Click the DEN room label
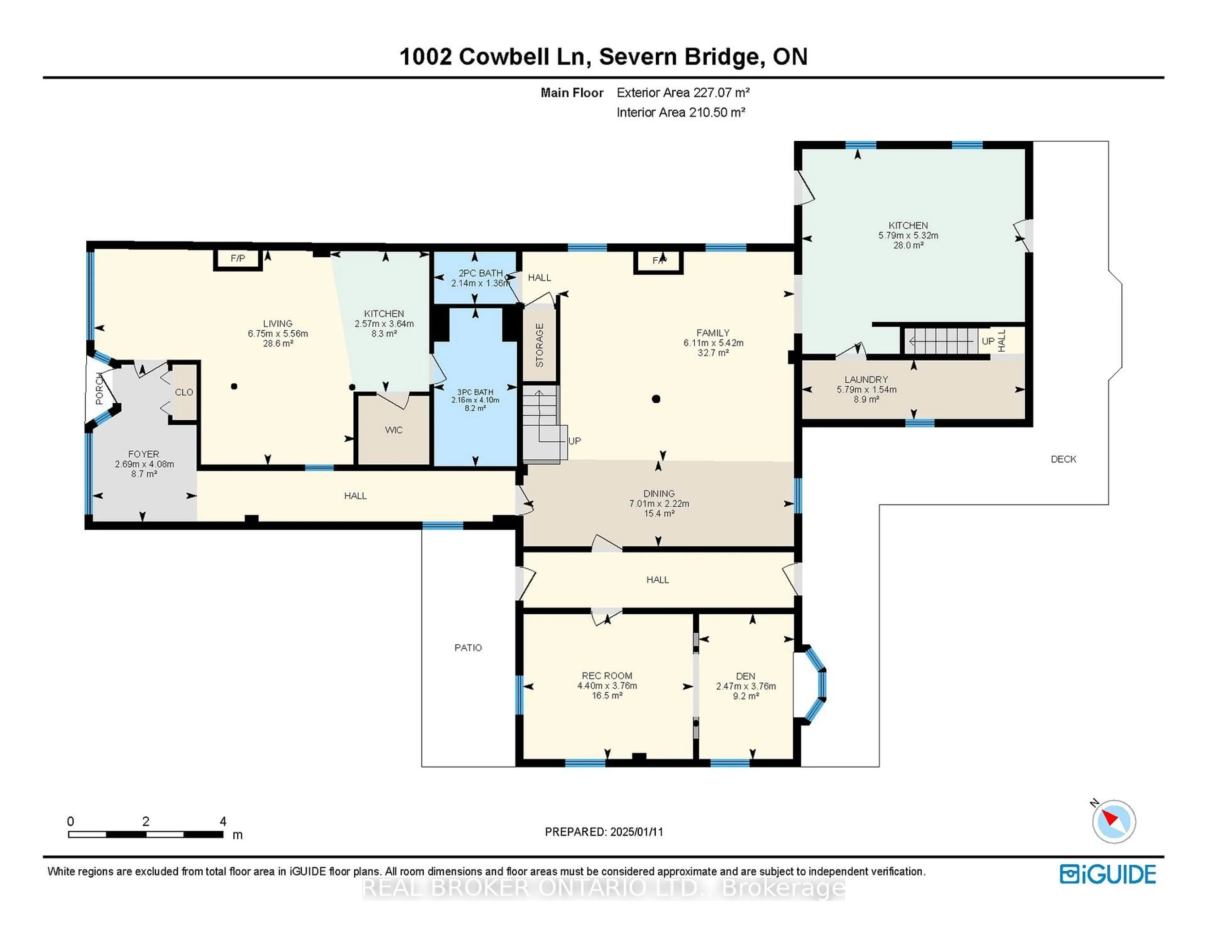point(746,676)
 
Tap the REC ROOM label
point(607,675)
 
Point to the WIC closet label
point(394,430)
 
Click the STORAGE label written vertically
point(539,345)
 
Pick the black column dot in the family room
point(656,399)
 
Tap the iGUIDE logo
point(1108,874)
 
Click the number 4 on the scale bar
point(223,821)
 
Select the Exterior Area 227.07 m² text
point(683,93)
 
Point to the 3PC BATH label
point(475,392)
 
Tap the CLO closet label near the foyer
point(184,392)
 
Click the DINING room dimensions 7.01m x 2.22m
point(659,503)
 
